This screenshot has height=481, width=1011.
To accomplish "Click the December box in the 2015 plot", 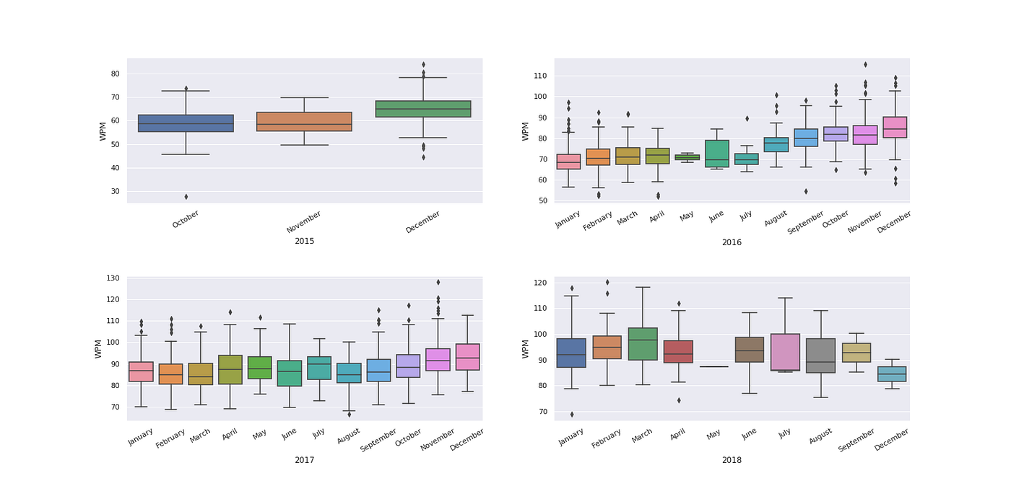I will point(423,109).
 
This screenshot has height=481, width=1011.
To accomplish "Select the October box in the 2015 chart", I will point(186,123).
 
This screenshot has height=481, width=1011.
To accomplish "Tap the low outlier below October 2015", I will point(186,197).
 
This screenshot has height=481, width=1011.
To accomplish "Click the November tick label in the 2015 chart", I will point(304,221).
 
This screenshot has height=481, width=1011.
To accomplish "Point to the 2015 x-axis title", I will point(304,241).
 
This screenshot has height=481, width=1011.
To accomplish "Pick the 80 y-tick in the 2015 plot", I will point(115,74).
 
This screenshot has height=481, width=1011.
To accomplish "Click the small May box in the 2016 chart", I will point(687,157).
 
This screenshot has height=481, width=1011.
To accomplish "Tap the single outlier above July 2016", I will point(747,118).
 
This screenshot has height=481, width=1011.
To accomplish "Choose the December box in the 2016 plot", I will point(895,127).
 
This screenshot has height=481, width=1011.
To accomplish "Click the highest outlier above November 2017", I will point(438,282).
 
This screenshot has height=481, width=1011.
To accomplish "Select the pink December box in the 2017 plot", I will point(468,357).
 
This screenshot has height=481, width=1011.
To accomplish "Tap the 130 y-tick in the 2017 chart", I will point(113,278).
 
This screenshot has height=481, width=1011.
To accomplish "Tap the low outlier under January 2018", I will point(572,414).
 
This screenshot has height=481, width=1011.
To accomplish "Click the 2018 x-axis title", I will point(732,459).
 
